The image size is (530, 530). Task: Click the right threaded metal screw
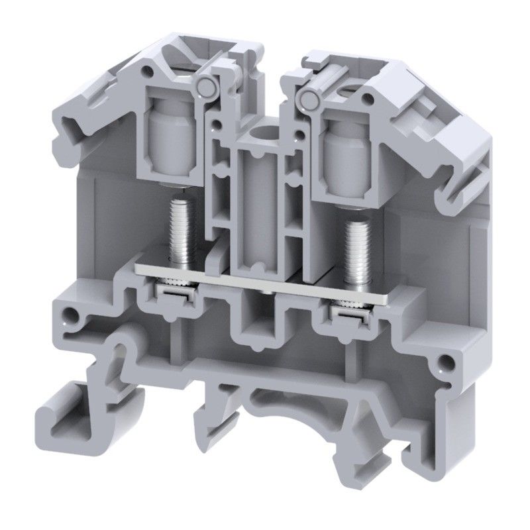pyautogui.click(x=356, y=242)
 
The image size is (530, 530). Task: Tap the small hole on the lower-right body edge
pyautogui.click(x=450, y=362)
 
